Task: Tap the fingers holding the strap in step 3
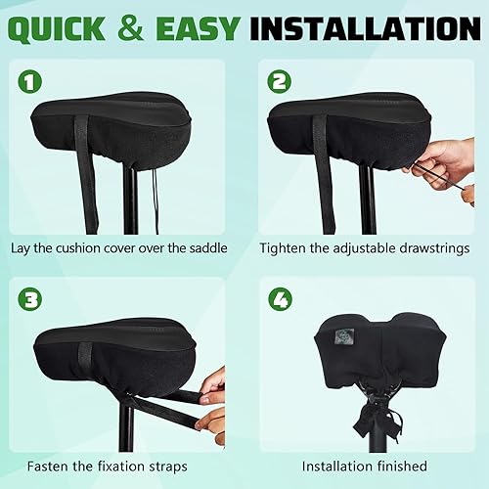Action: click(212, 396)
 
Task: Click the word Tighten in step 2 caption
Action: click(285, 248)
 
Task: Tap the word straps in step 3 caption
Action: click(173, 467)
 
